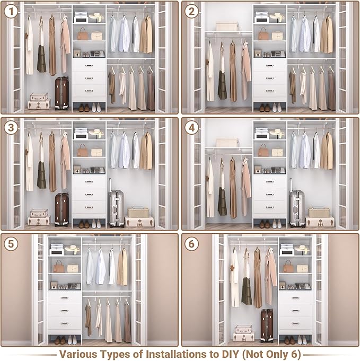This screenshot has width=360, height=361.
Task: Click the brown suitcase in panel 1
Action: click(x=62, y=93)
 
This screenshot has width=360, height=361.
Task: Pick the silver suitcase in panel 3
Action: click(x=116, y=208)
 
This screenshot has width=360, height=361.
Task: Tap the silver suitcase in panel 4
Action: click(x=297, y=208)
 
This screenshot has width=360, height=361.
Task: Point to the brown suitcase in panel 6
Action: click(x=267, y=325)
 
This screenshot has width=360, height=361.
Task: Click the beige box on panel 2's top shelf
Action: click(x=226, y=26)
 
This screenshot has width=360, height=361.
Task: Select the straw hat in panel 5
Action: click(x=73, y=249)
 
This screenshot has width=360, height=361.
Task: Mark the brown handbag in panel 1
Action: click(x=83, y=34)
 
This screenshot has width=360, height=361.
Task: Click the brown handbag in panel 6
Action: click(x=288, y=268)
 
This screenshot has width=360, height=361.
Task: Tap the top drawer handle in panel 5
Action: click(x=65, y=298)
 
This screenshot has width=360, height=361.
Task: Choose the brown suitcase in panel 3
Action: click(x=62, y=209)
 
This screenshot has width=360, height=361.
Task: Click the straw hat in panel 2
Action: click(x=277, y=16)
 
